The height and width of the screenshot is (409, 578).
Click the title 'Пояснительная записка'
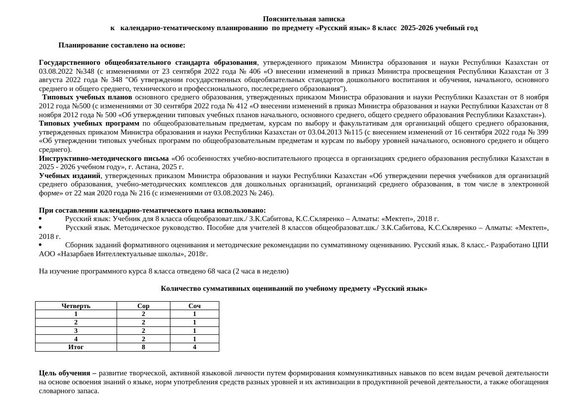tap(303, 19)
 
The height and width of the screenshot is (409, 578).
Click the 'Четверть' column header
tap(76, 306)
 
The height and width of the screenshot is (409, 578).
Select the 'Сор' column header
tap(143, 306)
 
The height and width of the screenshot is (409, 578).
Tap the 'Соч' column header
tap(195, 306)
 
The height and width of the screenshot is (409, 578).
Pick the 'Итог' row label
tap(76, 347)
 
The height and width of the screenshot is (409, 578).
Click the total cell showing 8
tap(143, 347)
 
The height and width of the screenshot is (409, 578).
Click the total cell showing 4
tap(195, 347)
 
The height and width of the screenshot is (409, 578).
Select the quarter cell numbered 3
tap(76, 330)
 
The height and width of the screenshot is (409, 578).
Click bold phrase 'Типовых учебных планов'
tap(87, 97)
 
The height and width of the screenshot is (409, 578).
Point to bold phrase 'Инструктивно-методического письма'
tap(104, 158)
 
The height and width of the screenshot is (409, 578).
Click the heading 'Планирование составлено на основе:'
tap(122, 45)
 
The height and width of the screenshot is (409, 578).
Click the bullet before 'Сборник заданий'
tap(41, 245)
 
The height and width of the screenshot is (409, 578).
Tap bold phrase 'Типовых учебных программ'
tap(89, 123)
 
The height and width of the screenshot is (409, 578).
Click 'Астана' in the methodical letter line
tap(144, 167)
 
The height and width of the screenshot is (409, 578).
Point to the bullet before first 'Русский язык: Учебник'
tap(41, 219)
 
